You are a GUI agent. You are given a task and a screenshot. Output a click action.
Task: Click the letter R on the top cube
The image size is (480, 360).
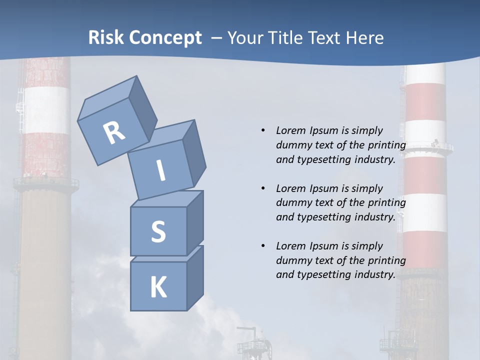click(114, 133)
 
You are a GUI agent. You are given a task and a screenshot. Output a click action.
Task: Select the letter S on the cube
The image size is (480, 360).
click(158, 232)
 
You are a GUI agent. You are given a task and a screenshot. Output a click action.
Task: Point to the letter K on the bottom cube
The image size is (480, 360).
click(158, 288)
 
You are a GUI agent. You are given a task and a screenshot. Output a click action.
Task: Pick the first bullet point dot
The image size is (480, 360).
click(263, 130)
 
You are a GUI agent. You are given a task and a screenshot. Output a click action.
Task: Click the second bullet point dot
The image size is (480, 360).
click(263, 188)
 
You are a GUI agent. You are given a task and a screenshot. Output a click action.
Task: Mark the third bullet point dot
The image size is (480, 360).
click(263, 246)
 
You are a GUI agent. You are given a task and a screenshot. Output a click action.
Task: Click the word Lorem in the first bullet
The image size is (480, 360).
click(290, 130)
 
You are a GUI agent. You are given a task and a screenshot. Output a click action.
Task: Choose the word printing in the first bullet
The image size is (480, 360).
click(386, 145)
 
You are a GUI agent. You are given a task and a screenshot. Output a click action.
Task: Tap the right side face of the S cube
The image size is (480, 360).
click(195, 223)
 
